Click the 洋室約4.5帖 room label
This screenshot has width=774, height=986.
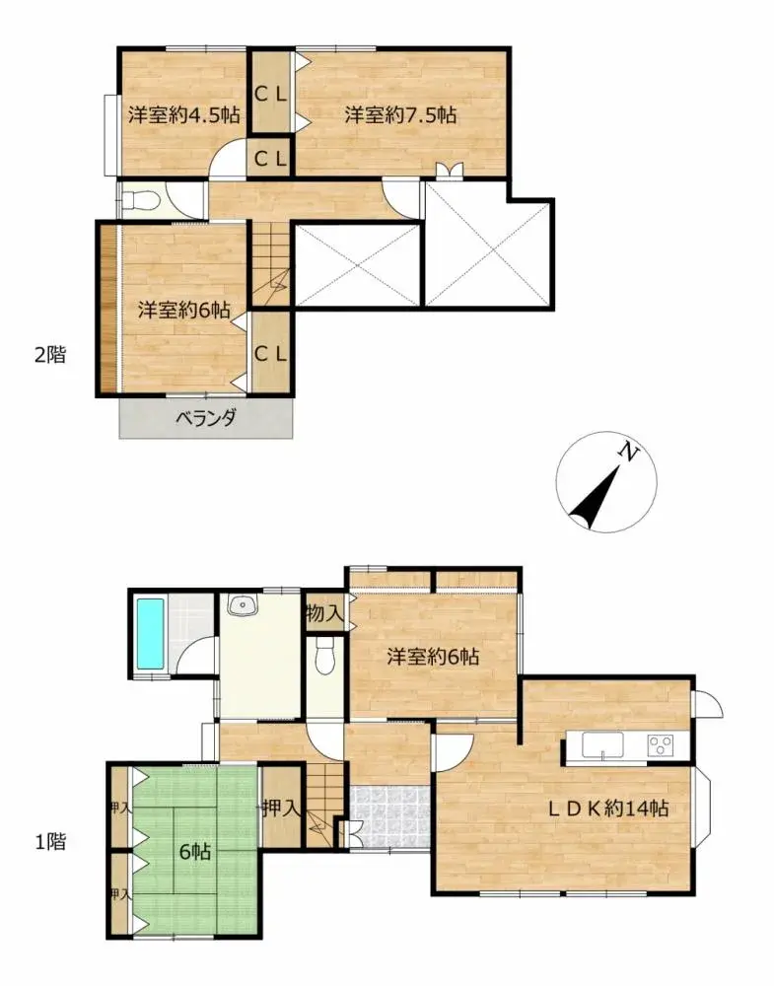[x=183, y=114]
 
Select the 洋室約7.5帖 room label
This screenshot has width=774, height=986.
[x=399, y=114]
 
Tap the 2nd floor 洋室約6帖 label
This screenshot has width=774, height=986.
[x=183, y=309]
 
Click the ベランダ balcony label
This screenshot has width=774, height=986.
[x=206, y=417]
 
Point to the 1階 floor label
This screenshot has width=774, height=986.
[x=50, y=842]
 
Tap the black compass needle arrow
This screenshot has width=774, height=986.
[x=595, y=498]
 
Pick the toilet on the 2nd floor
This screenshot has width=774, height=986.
[x=141, y=201]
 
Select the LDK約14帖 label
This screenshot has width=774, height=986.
[x=608, y=809]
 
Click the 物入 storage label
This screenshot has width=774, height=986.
[x=323, y=613]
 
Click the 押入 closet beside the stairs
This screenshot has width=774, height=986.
[x=281, y=809]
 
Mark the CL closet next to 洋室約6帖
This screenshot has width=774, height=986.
[x=270, y=354]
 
